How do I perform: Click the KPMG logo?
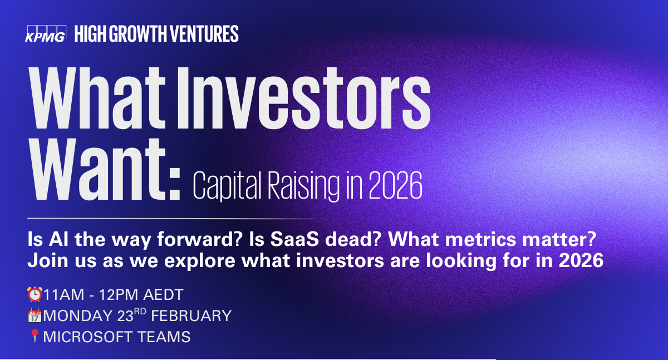click(x=46, y=34)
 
